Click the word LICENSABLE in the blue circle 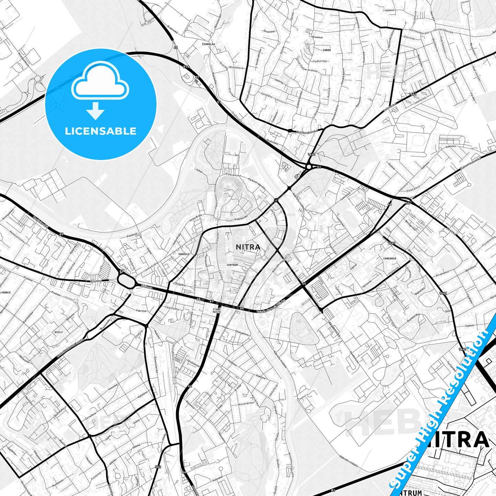(101, 131)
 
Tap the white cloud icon (100, 81)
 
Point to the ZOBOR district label (326, 50)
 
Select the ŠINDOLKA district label (208, 44)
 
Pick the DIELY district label (59, 332)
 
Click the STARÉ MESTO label (217, 311)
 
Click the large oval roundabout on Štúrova (126, 280)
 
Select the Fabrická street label (141, 311)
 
